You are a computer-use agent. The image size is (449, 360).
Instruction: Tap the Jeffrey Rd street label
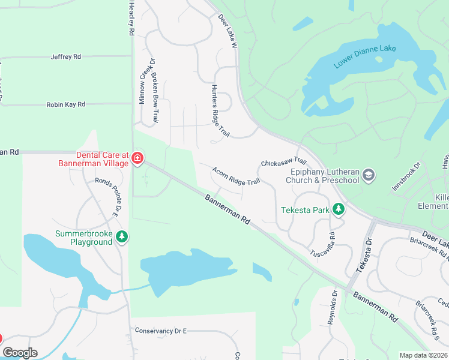[x=66, y=57]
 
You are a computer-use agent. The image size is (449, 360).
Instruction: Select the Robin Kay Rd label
[x=65, y=104]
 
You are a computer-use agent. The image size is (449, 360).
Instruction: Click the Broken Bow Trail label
[x=154, y=98]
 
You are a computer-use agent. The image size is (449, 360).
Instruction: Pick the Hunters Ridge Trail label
[x=220, y=110]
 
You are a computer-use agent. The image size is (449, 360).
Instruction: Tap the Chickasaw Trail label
[x=283, y=163]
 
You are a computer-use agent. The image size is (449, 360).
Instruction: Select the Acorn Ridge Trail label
[x=236, y=176]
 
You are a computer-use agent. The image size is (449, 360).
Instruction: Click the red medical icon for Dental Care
[x=137, y=158]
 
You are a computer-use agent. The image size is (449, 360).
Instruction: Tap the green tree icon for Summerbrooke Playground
[x=122, y=236]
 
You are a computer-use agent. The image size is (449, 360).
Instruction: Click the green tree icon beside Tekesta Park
[x=339, y=209]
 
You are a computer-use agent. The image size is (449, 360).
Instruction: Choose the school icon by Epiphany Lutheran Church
[x=369, y=175]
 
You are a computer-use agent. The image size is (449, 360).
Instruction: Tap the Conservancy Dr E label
[x=161, y=331]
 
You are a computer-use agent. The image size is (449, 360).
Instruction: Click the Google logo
[x=20, y=353]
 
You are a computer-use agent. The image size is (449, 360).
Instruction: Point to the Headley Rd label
[x=130, y=20]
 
